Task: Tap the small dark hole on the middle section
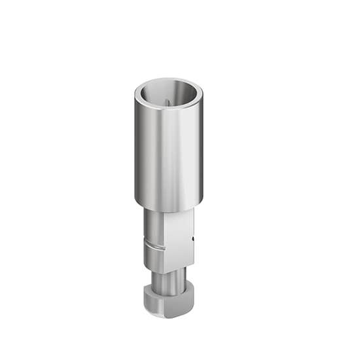194,243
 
